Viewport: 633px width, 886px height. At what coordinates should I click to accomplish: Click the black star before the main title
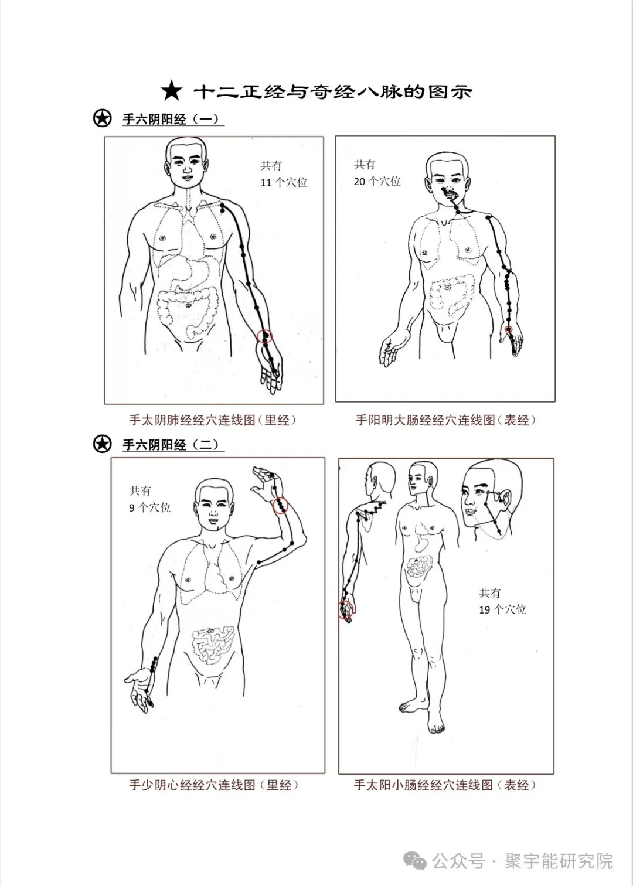pyautogui.click(x=171, y=91)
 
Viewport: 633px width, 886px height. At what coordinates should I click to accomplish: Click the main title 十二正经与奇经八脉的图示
pyautogui.click(x=332, y=92)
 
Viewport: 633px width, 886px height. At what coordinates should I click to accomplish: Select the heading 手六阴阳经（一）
pyautogui.click(x=171, y=119)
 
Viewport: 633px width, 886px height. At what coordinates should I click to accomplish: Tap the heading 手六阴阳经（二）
pyautogui.click(x=171, y=445)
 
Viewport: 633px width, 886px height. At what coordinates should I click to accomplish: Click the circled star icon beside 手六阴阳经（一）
pyautogui.click(x=102, y=118)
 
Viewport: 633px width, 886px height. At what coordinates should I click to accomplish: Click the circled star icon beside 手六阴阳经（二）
pyautogui.click(x=102, y=444)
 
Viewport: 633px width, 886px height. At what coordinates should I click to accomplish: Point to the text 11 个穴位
pyautogui.click(x=284, y=182)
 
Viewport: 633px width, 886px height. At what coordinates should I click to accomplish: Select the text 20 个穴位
pyautogui.click(x=377, y=182)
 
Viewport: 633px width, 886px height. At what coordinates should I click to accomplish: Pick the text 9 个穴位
pyautogui.click(x=150, y=507)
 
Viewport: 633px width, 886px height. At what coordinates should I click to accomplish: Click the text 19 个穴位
pyautogui.click(x=502, y=609)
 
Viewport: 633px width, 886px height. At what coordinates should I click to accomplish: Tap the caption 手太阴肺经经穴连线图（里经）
pyautogui.click(x=213, y=420)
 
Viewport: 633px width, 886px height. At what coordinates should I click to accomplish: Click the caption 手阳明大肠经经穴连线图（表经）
pyautogui.click(x=445, y=420)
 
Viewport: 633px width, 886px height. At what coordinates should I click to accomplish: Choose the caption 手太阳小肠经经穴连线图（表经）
pyautogui.click(x=445, y=785)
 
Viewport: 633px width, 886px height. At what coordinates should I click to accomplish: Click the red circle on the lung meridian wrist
pyautogui.click(x=266, y=336)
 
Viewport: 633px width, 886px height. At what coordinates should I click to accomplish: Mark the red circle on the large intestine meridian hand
pyautogui.click(x=509, y=330)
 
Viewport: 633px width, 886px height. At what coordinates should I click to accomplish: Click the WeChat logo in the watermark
pyautogui.click(x=418, y=861)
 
